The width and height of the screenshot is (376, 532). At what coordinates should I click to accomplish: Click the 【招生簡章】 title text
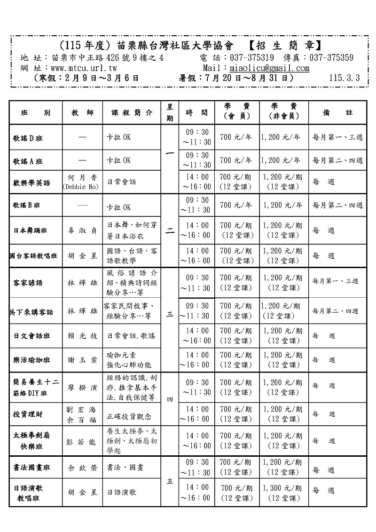point(284,46)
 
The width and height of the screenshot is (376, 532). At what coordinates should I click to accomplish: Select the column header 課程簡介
point(132,113)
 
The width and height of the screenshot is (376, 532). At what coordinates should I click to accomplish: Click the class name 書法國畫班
point(32,468)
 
